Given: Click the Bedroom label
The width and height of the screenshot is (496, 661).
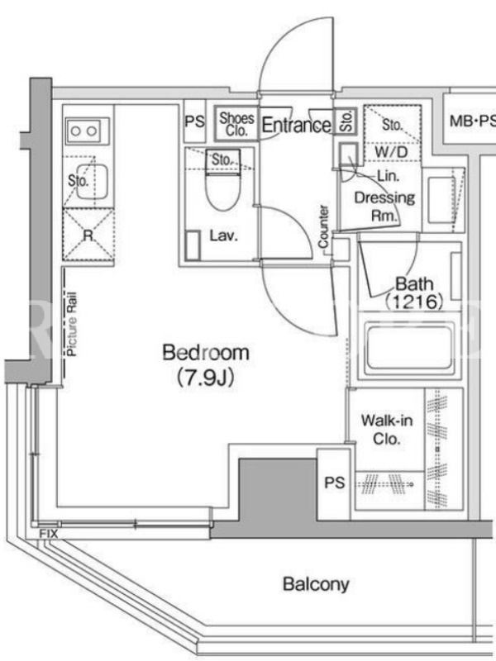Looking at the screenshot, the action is click(x=206, y=353).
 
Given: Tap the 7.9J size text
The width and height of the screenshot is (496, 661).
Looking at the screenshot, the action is click(x=205, y=378).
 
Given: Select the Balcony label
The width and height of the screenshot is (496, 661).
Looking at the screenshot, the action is click(x=316, y=585).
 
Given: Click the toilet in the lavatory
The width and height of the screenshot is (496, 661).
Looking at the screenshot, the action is click(x=222, y=185).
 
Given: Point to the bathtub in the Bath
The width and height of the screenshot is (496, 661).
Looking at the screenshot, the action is click(x=409, y=345).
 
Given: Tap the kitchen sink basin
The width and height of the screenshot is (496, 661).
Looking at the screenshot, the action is click(x=92, y=182).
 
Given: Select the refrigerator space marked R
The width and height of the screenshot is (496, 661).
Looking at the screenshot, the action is click(x=88, y=235).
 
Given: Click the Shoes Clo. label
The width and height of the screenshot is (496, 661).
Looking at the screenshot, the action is click(x=236, y=124).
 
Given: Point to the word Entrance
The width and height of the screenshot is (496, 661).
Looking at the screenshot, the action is click(x=297, y=125).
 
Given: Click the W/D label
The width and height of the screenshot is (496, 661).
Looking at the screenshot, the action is click(x=391, y=152).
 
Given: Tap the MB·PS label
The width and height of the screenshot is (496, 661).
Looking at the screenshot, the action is click(x=472, y=121).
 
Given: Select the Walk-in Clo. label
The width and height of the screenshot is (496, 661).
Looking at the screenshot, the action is click(x=386, y=430).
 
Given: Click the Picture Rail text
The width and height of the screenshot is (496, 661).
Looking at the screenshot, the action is click(x=72, y=324).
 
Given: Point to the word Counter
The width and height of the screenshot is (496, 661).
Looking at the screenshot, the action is click(x=323, y=226).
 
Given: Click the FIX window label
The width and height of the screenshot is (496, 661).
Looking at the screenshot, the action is click(x=49, y=534).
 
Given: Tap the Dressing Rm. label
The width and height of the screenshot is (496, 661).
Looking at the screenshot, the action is click(x=384, y=207).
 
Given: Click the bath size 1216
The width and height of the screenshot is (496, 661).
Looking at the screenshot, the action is click(x=414, y=302).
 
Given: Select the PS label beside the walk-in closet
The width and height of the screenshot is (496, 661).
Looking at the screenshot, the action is click(x=335, y=483).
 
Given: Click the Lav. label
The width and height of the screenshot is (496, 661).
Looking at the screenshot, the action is click(x=224, y=235).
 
